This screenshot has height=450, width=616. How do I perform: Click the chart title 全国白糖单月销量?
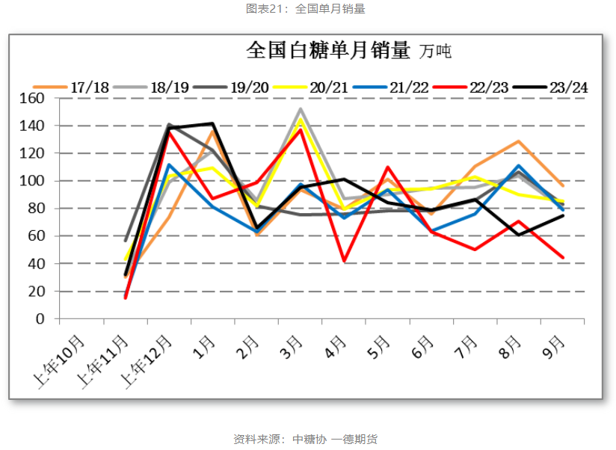click(328, 51)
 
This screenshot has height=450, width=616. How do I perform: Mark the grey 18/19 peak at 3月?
click(301, 109)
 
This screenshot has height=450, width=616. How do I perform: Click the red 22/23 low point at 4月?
click(345, 261)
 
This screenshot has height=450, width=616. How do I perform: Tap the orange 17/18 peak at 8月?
click(519, 141)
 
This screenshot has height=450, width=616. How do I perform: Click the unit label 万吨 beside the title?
click(436, 52)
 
